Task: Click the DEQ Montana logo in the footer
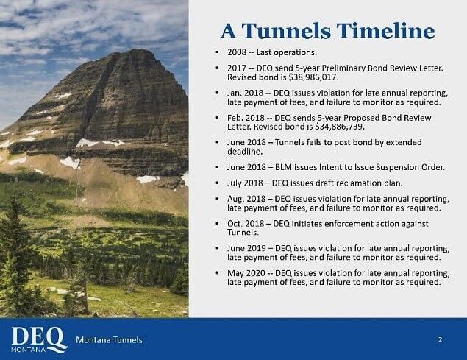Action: tap(39, 339)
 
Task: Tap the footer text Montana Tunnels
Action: tap(110, 339)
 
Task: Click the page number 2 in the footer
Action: tap(440, 339)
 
